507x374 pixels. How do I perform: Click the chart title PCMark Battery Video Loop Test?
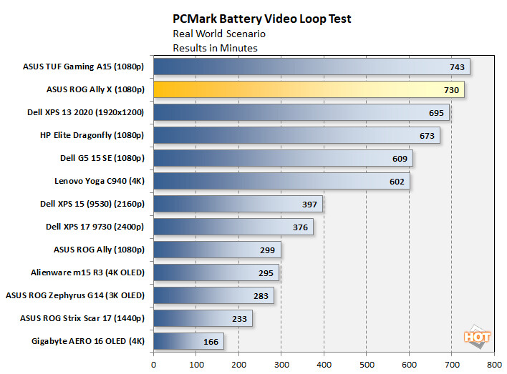261,19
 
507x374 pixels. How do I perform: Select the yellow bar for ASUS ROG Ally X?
308,90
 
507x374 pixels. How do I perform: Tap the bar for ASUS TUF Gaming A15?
312,67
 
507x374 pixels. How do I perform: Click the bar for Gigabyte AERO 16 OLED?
188,342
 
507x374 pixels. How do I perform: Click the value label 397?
309,205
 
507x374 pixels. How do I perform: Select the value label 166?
211,342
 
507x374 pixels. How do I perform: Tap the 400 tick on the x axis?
324,363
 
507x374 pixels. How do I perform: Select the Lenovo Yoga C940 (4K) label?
100,181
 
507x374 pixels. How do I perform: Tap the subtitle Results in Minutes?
215,48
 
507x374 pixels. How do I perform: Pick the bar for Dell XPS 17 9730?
233,227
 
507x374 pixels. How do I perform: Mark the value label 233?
238,319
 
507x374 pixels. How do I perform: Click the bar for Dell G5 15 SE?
282,159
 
